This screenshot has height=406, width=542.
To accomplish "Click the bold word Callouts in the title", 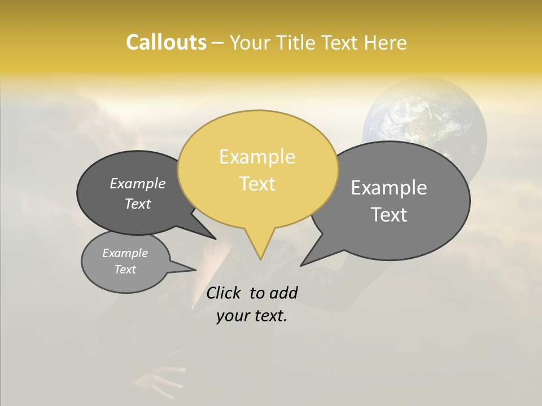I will [x=166, y=42].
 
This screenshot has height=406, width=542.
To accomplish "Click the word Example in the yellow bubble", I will [x=257, y=157].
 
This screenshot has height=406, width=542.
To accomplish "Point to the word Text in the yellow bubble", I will [x=257, y=184].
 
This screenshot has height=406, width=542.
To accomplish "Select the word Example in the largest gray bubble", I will [x=389, y=188].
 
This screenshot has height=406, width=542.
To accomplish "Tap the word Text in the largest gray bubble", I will [x=389, y=215].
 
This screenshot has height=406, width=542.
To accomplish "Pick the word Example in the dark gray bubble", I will [x=138, y=183].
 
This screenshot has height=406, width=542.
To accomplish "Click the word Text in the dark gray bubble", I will [x=138, y=204].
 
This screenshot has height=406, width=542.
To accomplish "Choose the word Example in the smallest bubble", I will [x=125, y=253].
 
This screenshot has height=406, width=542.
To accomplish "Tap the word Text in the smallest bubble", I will [x=125, y=270].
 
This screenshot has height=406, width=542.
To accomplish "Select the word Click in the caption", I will [x=223, y=293].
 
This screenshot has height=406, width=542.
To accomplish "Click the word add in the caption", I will [x=283, y=293].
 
